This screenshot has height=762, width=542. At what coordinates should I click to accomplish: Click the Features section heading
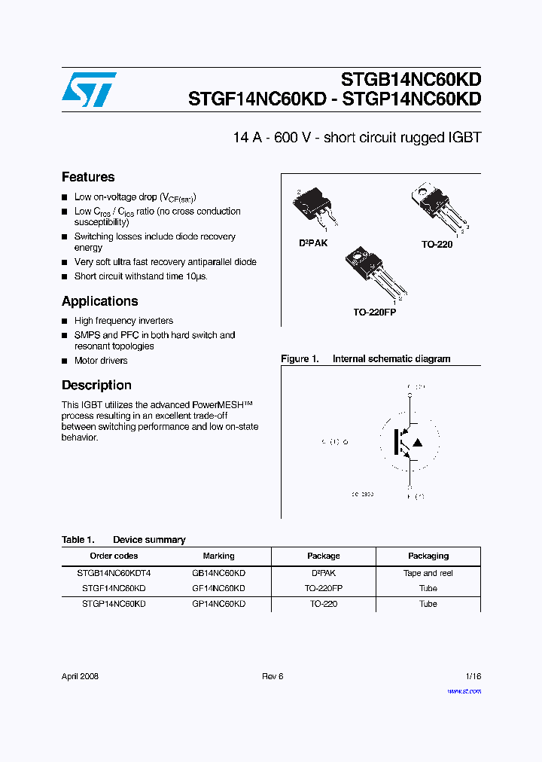88,177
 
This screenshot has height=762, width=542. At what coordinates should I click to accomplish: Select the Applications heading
99,301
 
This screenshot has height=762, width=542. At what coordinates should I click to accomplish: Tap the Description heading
96,385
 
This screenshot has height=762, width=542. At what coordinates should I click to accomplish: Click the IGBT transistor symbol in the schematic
407,442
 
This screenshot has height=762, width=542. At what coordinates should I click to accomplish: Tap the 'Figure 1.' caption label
300,359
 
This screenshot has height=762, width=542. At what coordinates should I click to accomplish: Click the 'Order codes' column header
114,556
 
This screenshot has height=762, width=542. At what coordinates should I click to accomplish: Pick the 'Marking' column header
218,556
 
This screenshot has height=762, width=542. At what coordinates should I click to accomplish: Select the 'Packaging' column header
428,556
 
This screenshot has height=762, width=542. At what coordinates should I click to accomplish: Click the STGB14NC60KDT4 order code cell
114,573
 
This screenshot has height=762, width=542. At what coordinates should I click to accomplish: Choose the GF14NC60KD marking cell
218,588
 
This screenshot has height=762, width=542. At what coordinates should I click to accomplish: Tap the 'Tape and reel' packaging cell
428,573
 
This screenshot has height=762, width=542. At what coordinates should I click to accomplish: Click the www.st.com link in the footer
464,690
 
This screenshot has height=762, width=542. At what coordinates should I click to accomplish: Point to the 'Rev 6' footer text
273,676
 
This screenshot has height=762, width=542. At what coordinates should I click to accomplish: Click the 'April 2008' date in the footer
80,676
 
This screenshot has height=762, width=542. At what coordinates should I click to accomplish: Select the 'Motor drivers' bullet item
101,361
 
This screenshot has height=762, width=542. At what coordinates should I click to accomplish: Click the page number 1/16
472,676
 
